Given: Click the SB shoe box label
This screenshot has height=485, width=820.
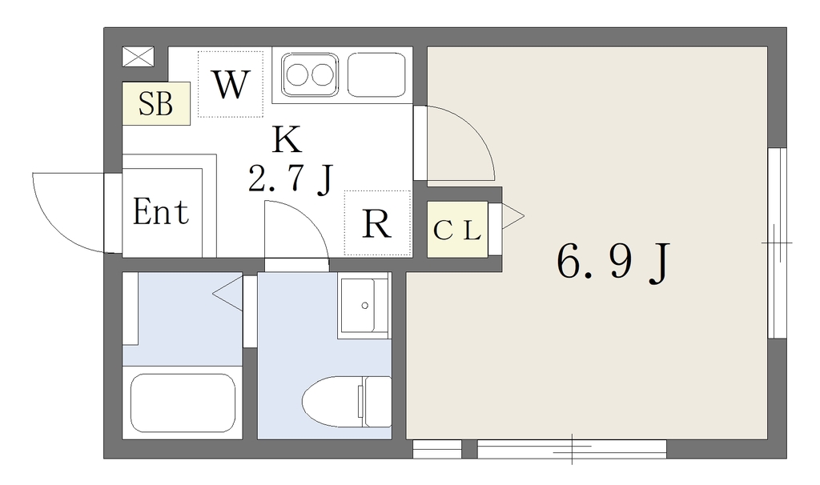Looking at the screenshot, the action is pos(156,103).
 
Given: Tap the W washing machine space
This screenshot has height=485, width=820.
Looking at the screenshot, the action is pos(231,84).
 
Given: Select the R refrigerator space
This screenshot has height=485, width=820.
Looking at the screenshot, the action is pos(378,223).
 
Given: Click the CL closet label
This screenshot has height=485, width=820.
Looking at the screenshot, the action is pos(457,230).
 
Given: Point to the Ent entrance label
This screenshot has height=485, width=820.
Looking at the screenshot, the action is pos(160,211).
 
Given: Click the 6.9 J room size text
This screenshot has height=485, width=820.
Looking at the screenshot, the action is pos(613,263).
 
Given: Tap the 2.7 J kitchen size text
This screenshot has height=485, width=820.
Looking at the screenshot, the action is pos(291,178).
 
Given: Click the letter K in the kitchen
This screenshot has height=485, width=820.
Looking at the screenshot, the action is pos(287,139).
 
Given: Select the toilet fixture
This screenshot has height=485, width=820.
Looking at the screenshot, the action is pos(347,402).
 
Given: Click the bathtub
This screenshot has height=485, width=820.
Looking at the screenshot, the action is pos(183,403).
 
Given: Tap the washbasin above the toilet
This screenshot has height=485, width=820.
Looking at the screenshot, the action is pos(364,305).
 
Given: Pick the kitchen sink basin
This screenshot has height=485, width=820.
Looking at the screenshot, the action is pos(376,74).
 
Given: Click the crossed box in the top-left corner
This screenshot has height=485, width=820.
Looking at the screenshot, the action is pos(138,57).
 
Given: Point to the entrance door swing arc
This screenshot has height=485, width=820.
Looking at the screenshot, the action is pos(56,226).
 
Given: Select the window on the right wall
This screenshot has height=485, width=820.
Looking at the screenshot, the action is pos(777,243).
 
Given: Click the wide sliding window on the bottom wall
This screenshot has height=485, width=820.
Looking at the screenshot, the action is pos(572,449).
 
